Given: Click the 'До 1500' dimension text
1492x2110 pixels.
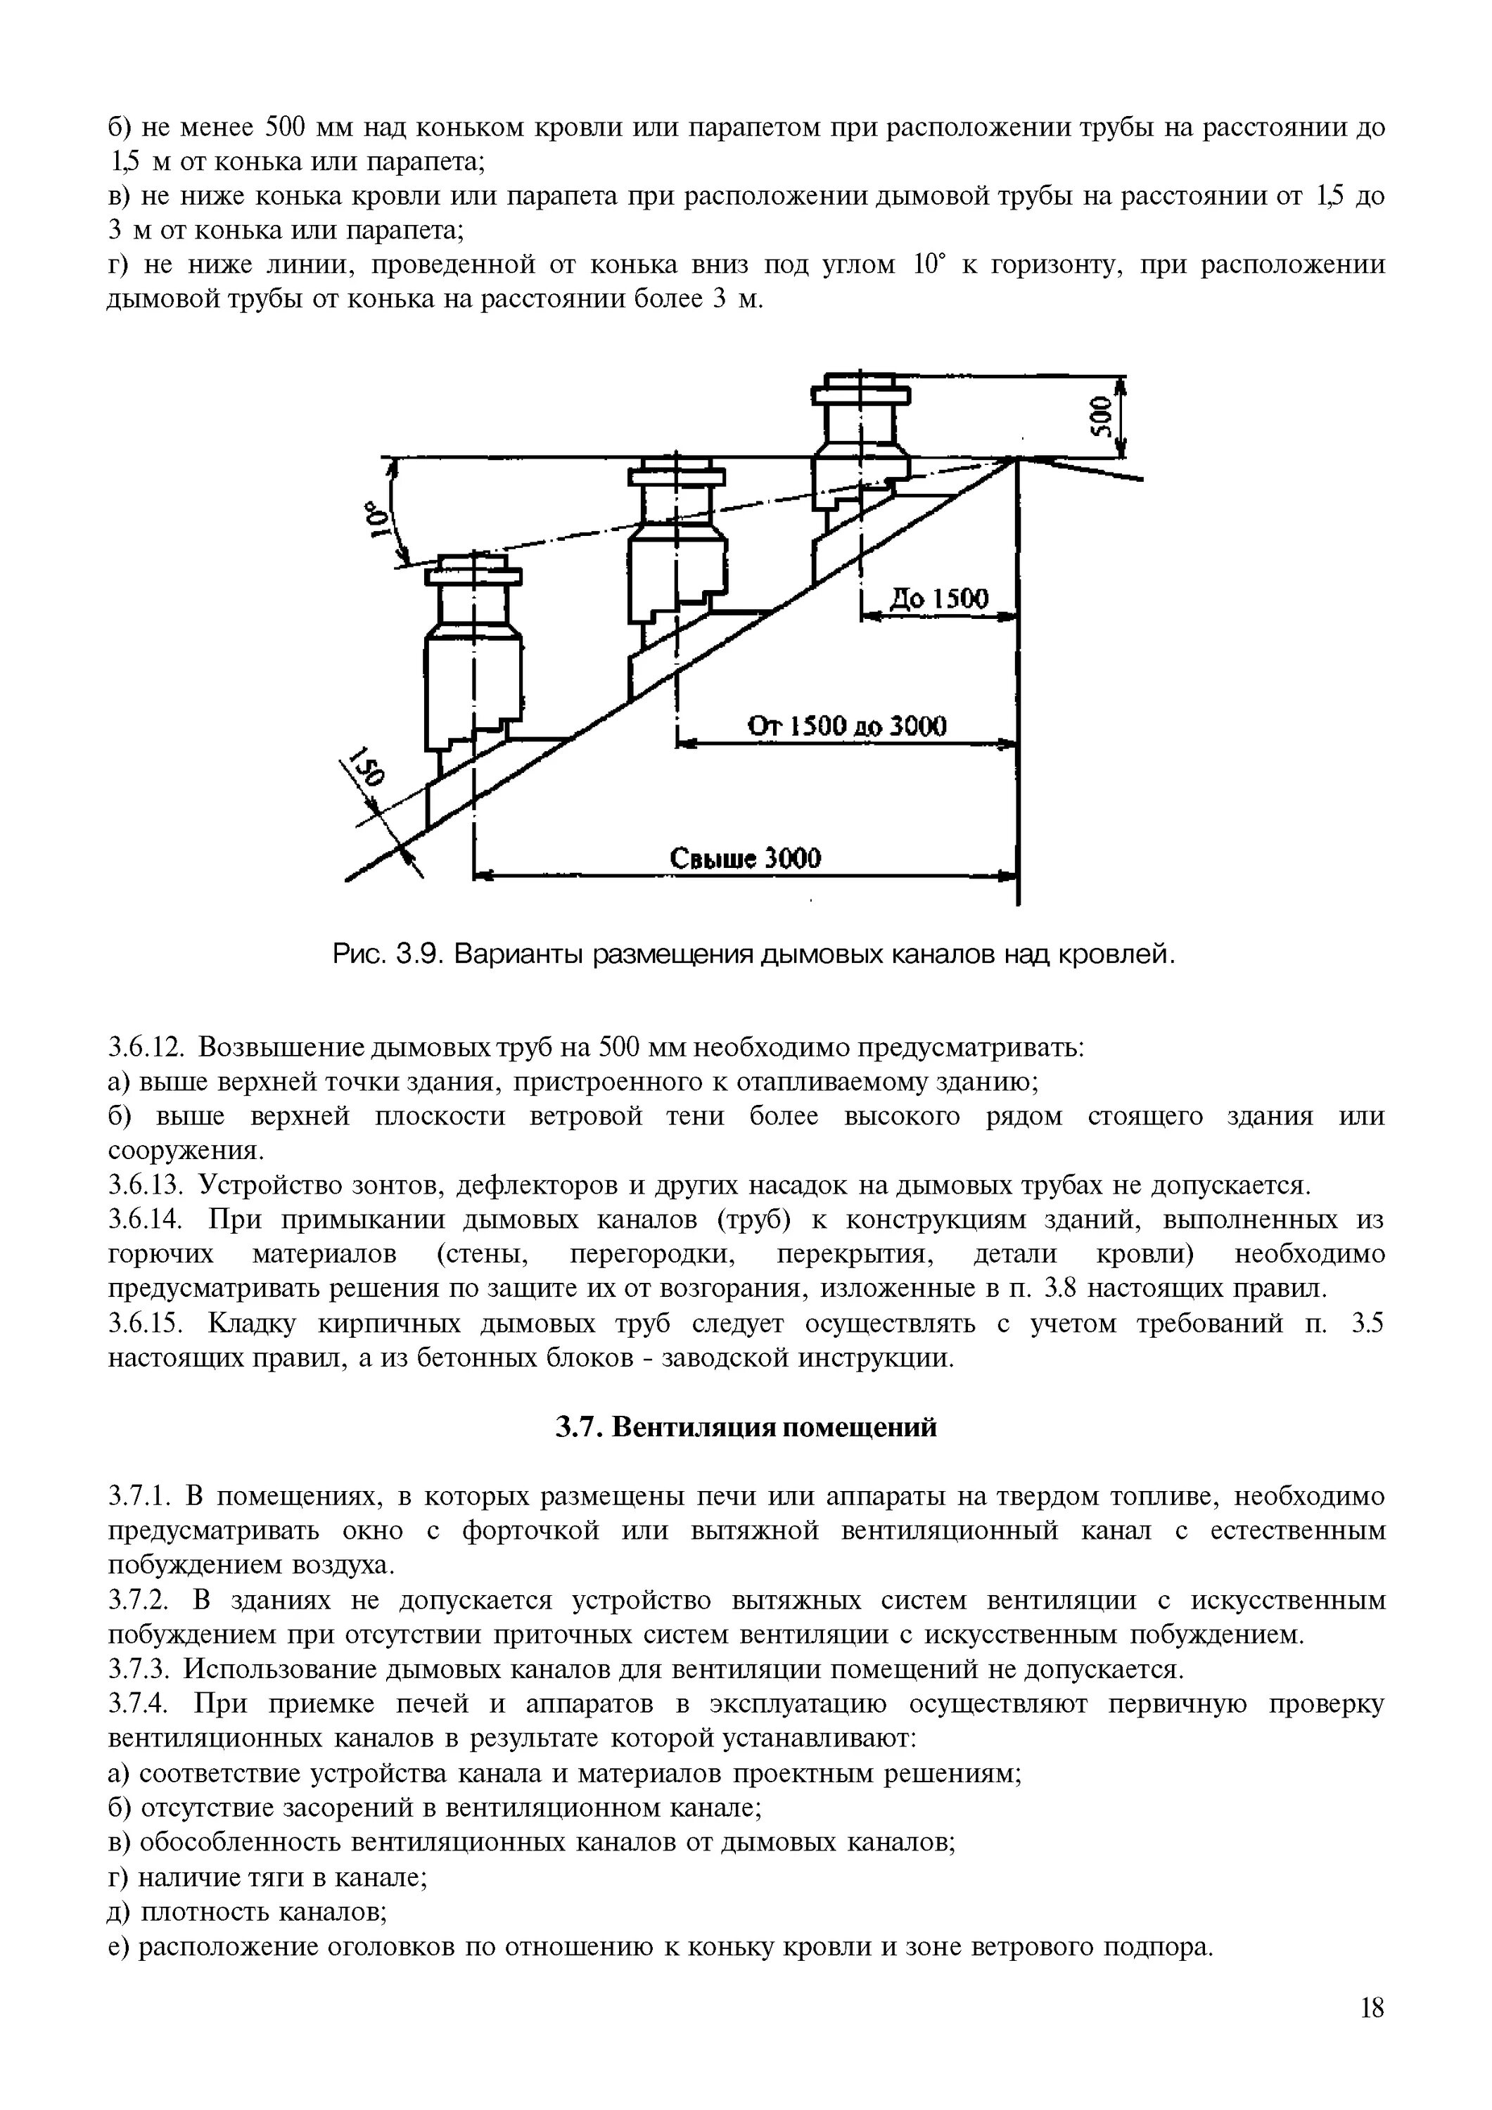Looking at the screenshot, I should [938, 599].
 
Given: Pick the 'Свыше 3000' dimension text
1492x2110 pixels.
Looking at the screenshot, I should [745, 858].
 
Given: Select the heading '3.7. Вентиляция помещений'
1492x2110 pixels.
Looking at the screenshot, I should [746, 1427].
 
